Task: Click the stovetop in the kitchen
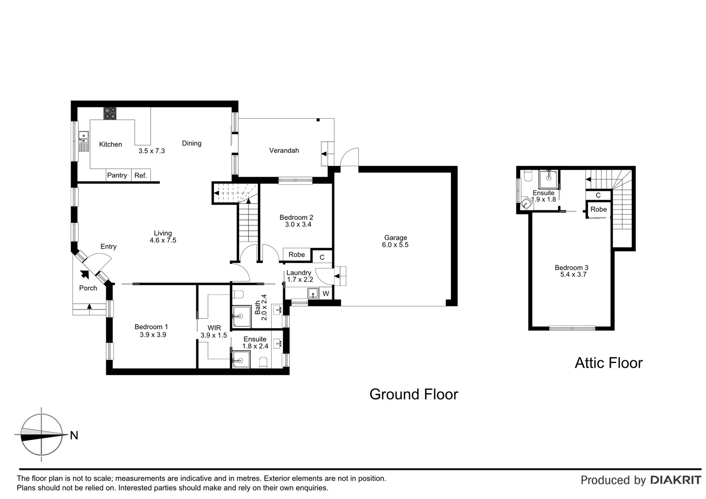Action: point(110,113)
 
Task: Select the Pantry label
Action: point(117,175)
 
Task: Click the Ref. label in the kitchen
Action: point(140,175)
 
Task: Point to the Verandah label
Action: point(284,150)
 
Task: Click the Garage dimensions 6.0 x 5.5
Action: point(395,245)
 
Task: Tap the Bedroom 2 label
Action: point(296,217)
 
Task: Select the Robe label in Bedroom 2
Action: point(297,255)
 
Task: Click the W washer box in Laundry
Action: point(326,293)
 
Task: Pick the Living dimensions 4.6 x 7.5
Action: point(163,240)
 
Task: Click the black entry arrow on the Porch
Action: point(85,274)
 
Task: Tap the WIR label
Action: point(214,328)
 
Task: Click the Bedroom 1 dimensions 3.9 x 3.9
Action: point(152,335)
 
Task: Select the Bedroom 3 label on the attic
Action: point(572,268)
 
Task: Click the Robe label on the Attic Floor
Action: point(598,209)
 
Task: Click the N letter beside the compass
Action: point(74,435)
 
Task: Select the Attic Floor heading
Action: point(608,363)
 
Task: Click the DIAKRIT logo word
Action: point(676,480)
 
